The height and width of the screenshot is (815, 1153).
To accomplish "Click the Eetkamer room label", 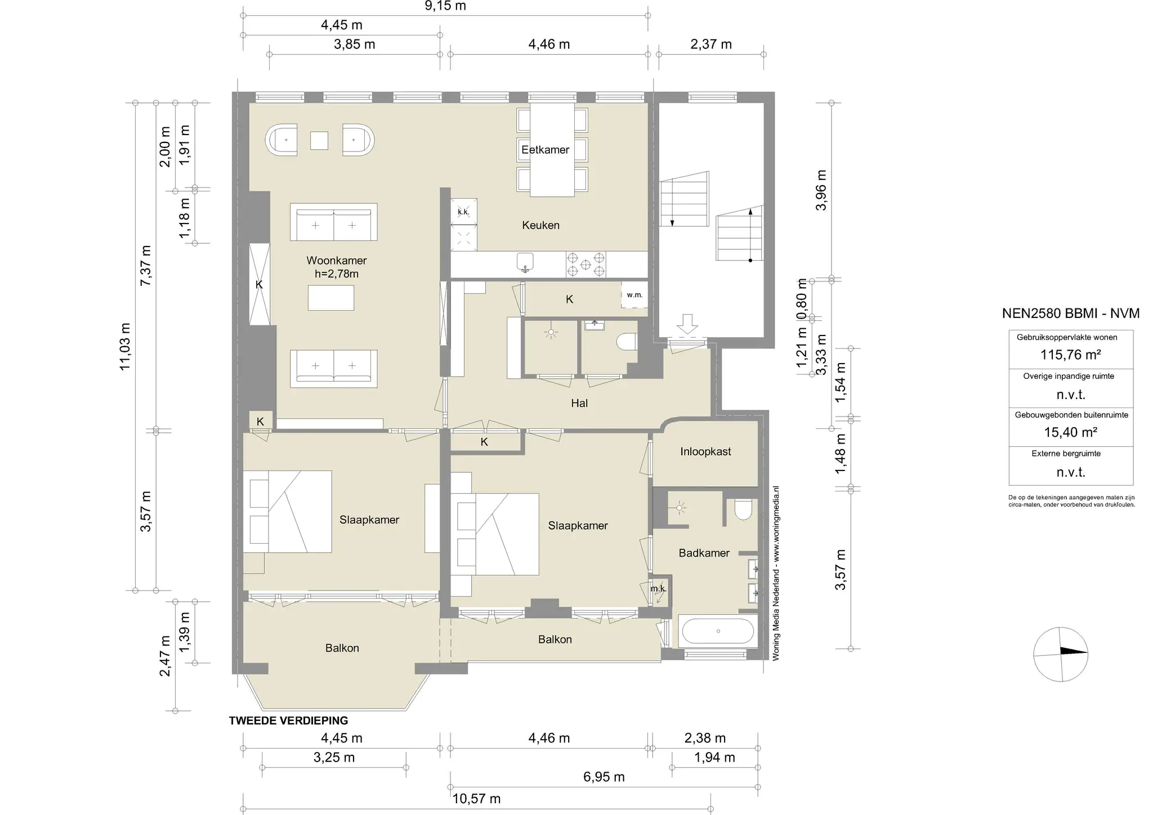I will pyautogui.click(x=545, y=150).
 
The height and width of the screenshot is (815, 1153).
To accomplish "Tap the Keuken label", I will pyautogui.click(x=540, y=225).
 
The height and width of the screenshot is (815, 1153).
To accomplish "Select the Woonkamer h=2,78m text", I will pyautogui.click(x=336, y=267).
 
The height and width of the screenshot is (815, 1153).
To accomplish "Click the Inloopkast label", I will pyautogui.click(x=705, y=451).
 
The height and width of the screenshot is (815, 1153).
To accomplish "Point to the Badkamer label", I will pyautogui.click(x=704, y=553).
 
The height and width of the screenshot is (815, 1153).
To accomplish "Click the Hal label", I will pyautogui.click(x=579, y=403).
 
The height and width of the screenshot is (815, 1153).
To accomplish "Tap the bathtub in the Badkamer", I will pyautogui.click(x=718, y=632).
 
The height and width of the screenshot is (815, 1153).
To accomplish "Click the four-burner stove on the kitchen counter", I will pyautogui.click(x=586, y=264).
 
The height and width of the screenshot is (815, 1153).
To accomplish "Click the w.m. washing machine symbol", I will pyautogui.click(x=634, y=295).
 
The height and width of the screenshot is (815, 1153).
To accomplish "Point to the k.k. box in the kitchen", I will pyautogui.click(x=463, y=212).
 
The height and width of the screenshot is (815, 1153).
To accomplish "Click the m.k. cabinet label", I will pyautogui.click(x=658, y=589).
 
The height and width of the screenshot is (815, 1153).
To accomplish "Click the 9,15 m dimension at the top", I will pyautogui.click(x=445, y=6).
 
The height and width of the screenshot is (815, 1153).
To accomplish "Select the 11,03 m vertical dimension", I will pyautogui.click(x=125, y=346).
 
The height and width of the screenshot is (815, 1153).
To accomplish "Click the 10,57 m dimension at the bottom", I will pyautogui.click(x=476, y=799).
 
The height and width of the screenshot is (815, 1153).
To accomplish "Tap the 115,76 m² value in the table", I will pyautogui.click(x=1070, y=355).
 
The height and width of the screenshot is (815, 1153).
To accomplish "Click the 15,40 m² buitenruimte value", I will pyautogui.click(x=1070, y=432).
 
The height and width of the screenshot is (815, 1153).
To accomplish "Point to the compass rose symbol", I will pyautogui.click(x=1061, y=654).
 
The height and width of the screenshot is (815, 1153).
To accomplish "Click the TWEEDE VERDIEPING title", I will pyautogui.click(x=288, y=720).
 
